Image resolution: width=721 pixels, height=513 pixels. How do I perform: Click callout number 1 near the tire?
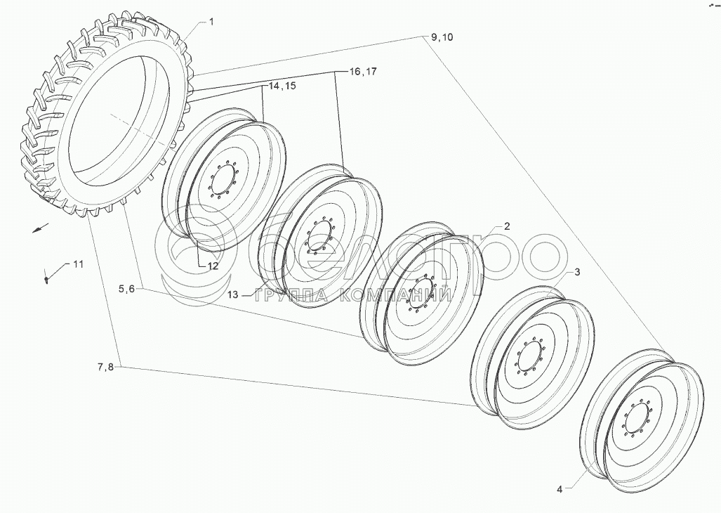(211, 22)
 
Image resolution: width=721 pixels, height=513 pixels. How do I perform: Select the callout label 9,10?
(442, 37)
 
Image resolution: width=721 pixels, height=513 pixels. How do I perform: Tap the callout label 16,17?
(363, 72)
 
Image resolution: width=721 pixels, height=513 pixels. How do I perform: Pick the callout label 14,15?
(282, 86)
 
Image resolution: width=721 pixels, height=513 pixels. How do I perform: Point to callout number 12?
(213, 266)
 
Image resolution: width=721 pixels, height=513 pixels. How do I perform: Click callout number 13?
(233, 294)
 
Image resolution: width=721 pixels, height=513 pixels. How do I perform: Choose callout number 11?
(78, 264)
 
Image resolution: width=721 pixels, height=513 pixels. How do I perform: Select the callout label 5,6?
(126, 290)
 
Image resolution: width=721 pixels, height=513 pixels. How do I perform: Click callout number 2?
(507, 226)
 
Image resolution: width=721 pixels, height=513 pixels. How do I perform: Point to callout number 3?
(576, 272)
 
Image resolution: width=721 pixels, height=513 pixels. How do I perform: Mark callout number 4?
(560, 490)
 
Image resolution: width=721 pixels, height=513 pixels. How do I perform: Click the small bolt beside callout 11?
(46, 279)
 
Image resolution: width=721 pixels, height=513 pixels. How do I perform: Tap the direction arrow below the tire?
(41, 228)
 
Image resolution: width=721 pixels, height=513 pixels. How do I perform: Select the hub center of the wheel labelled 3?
(530, 357)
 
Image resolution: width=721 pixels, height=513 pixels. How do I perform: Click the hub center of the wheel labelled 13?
(318, 236)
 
